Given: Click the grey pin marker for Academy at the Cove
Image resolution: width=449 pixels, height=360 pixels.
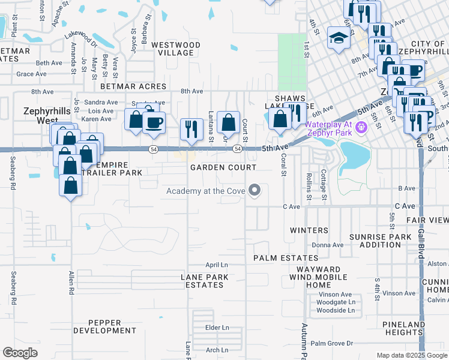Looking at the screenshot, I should coord(255,191).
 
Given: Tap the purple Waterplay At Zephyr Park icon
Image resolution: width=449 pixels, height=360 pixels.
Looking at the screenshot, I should coord(360,127).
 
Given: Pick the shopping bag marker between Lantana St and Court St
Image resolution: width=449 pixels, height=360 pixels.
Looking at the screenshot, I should coord(228,123).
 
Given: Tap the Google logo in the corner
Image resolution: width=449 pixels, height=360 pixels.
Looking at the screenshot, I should coord(20,353).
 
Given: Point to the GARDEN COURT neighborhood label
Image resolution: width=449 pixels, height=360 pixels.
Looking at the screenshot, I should coord(223,167).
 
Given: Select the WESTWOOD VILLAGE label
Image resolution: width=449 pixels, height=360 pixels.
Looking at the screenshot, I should coord(175,49).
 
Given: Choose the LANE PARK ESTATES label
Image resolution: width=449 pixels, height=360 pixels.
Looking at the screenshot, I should coord(203,281).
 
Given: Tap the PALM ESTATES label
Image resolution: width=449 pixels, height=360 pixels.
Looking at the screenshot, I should coord(285,258).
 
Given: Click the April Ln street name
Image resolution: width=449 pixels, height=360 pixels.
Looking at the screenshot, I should coord(217,265).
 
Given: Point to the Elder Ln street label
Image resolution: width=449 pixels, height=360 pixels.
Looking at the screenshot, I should coord(217,328).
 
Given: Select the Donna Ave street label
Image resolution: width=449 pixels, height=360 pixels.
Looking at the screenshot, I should coord(327,245).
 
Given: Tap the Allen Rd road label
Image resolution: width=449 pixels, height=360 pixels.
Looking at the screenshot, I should coord(71,282).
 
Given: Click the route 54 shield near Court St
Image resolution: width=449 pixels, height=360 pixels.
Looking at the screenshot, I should coord(238,149).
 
